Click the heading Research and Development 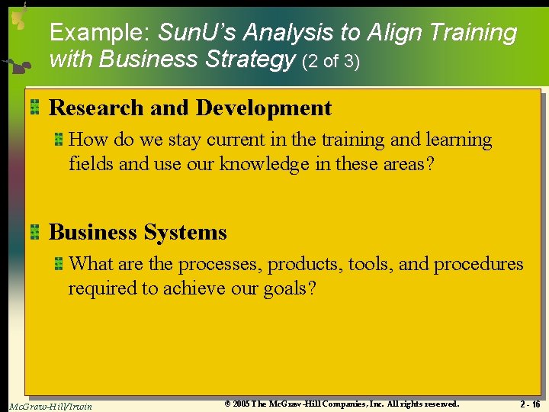coord(191,108)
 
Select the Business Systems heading coord(138,232)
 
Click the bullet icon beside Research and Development coord(35,108)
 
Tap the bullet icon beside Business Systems coord(35,232)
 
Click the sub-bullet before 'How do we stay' coord(58,140)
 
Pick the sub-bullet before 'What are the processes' coord(58,264)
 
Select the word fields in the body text coord(90,163)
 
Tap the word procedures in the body coord(478,264)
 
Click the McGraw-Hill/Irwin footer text coord(51,406)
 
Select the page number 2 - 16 coord(530,404)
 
